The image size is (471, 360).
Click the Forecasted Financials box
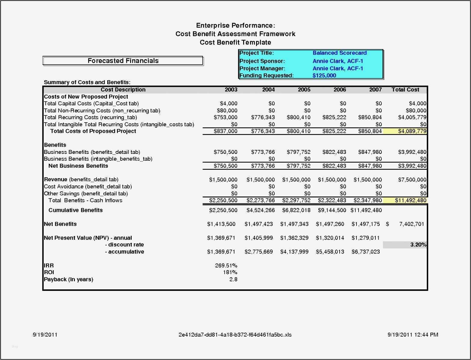click(x=123, y=61)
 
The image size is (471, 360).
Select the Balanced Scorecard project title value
click(x=339, y=53)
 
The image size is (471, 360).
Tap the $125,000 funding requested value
click(x=324, y=75)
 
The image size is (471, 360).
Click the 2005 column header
click(x=304, y=90)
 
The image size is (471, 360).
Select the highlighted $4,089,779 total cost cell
click(x=412, y=131)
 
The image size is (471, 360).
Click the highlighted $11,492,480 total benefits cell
click(x=410, y=200)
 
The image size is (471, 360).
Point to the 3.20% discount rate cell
click(x=418, y=245)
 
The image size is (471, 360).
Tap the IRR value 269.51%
click(x=226, y=265)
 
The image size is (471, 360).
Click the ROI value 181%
click(x=230, y=272)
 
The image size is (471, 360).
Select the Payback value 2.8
click(x=233, y=279)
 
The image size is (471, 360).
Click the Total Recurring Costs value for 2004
click(x=263, y=117)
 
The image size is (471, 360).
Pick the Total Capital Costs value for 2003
click(x=228, y=103)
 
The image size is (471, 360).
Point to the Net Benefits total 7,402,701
click(x=411, y=224)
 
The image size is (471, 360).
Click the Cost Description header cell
click(x=123, y=90)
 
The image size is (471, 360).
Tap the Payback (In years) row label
click(x=69, y=279)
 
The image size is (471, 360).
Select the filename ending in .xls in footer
click(x=235, y=334)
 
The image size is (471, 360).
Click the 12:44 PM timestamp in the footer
click(x=426, y=334)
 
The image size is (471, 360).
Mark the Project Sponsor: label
click(x=262, y=61)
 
